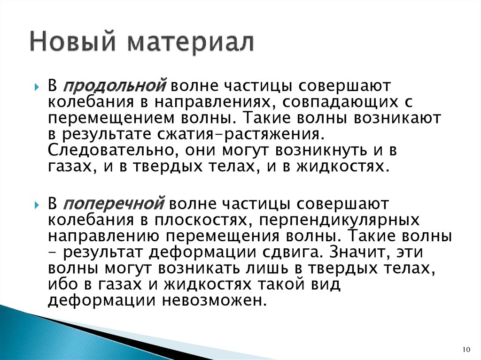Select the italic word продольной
(x=115, y=86)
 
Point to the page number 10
(x=466, y=349)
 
